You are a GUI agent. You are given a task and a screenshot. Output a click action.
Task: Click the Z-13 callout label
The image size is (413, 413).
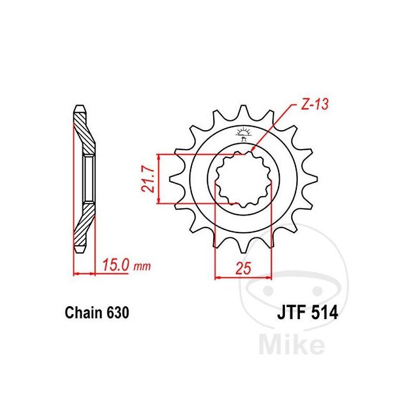click(315, 104)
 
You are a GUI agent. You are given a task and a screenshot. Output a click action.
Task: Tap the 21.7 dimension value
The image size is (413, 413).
click(148, 179)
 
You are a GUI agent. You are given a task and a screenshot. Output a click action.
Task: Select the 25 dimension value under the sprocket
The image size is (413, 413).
click(243, 268)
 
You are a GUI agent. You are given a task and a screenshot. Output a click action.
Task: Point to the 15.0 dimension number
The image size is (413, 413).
click(116, 265)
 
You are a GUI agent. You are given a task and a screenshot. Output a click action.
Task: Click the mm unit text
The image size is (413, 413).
click(142, 266)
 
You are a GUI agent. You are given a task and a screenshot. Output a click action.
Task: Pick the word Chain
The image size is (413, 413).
click(84, 313)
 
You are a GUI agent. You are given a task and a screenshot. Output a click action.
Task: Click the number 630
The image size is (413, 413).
click(118, 313)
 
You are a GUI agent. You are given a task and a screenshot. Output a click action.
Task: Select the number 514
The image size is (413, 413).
click(325, 313)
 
